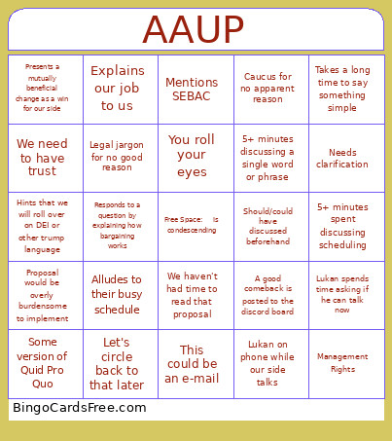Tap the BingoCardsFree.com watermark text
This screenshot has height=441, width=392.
tap(80, 408)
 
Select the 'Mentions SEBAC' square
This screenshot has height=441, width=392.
tap(192, 90)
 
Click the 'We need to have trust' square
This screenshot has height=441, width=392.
tap(43, 158)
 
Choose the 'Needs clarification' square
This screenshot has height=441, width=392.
tap(342, 158)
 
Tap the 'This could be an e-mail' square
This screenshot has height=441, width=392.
tap(192, 363)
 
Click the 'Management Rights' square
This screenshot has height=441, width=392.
tap(342, 363)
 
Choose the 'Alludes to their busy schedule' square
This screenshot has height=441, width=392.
tap(117, 294)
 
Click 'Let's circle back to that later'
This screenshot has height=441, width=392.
tap(117, 363)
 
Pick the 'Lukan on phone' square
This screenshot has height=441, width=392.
tap(267, 363)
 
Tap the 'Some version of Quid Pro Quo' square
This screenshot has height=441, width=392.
tap(43, 363)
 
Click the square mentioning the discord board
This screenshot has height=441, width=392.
tap(267, 294)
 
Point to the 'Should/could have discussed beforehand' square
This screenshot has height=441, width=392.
tap(267, 226)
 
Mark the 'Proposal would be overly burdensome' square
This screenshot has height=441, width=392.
tap(43, 294)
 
